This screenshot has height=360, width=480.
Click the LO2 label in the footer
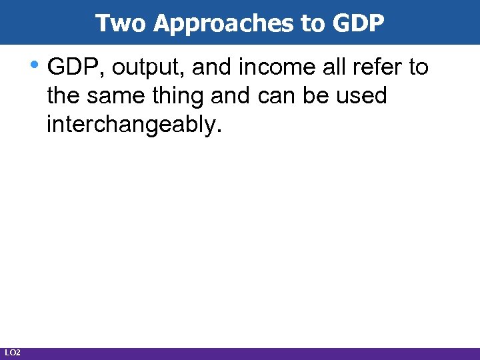tap(12, 352)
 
